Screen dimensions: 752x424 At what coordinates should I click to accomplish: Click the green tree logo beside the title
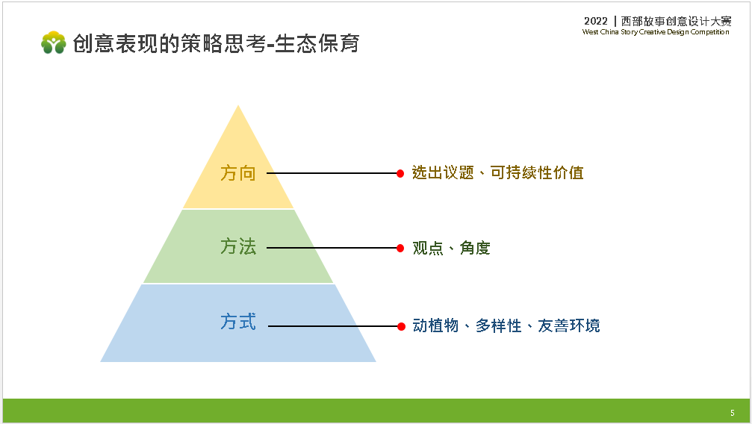(x=53, y=43)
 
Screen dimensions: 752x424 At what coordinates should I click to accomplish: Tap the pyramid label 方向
(x=238, y=173)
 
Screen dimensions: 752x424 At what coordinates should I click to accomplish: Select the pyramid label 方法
(x=238, y=246)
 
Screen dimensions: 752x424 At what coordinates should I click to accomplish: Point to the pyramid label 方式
(x=238, y=321)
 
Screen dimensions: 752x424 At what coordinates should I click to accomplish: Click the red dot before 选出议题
(x=400, y=174)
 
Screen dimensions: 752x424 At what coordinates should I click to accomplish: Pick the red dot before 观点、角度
(x=400, y=248)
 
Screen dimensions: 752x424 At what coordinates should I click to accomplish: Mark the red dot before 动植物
(x=402, y=327)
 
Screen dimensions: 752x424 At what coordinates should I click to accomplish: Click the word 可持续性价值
(x=537, y=172)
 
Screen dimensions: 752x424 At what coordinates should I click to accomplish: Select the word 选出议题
(x=443, y=172)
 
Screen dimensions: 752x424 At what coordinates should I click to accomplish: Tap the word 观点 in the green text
(x=428, y=248)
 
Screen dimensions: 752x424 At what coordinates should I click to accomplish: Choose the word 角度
(x=475, y=248)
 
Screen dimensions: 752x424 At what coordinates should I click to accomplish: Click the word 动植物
(x=435, y=325)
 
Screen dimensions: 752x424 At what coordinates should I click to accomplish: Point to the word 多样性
(x=498, y=325)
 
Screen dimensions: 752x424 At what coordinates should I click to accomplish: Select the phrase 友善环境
(x=569, y=325)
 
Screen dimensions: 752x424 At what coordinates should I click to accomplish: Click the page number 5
(x=733, y=413)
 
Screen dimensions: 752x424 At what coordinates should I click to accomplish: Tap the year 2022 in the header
(x=596, y=21)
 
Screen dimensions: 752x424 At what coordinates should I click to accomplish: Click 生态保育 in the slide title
(x=317, y=43)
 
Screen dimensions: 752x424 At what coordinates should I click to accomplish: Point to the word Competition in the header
(x=709, y=32)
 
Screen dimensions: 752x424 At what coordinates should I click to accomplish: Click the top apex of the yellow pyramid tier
(x=238, y=105)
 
